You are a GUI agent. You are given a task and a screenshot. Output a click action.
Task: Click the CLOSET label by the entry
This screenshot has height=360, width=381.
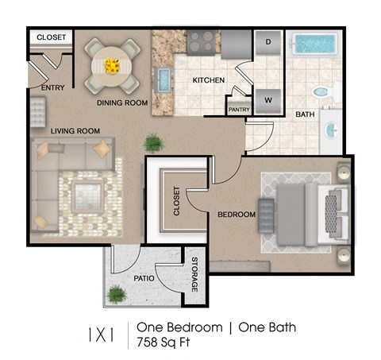point(51,37)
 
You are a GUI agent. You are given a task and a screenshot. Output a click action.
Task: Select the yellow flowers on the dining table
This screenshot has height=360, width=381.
point(110,64)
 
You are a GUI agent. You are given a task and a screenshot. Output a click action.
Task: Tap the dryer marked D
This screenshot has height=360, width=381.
point(268,41)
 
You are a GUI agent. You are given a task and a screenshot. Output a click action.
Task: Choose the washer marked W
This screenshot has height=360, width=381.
point(268,100)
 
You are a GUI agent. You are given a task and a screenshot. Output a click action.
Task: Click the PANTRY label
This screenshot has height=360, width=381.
point(239,110)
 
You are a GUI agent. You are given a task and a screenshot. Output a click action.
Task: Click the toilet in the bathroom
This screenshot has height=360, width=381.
point(323,92)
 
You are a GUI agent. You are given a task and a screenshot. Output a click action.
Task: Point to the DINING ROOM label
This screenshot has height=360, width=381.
point(123,103)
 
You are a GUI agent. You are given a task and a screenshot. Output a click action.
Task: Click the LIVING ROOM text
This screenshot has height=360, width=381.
point(75,130)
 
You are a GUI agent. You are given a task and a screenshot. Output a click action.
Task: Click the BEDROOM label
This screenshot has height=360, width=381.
point(237,215)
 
